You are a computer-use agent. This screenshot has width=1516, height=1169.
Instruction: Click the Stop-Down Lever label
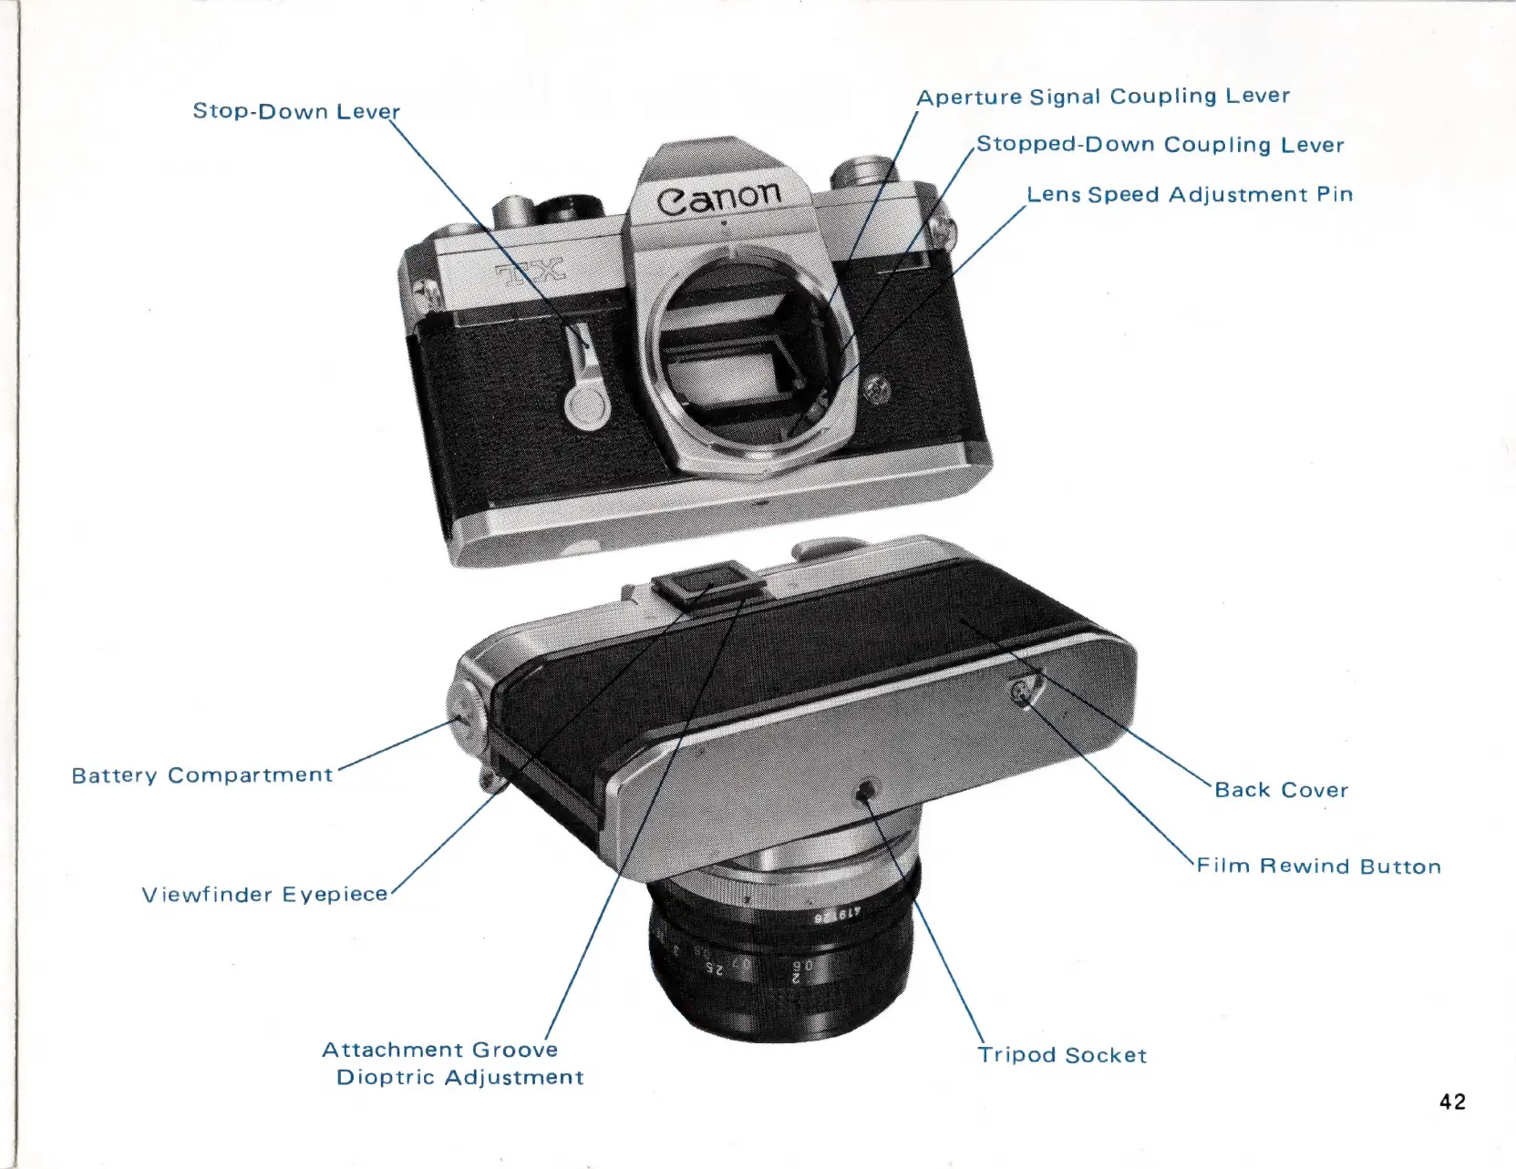pos(296,111)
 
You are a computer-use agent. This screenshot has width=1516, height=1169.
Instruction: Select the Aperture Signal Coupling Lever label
pos(1103,97)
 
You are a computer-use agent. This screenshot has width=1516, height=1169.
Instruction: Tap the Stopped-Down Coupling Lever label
pos(1160,145)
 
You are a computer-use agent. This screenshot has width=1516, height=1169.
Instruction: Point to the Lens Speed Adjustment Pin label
pos(1190,195)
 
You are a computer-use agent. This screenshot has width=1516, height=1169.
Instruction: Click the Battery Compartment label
pos(202,775)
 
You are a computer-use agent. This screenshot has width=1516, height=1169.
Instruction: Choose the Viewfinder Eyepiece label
pos(264,895)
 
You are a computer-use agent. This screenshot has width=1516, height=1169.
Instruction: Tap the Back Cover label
pos(1281,790)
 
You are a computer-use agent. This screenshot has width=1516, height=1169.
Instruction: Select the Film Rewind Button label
pos(1318,866)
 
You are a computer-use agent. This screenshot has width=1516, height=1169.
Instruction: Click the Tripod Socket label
pos(1062,1055)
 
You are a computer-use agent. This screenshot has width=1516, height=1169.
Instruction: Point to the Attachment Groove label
pos(439,1050)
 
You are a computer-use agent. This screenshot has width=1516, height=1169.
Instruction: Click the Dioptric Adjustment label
pos(459,1077)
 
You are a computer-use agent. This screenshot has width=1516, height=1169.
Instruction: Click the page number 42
pos(1452,1102)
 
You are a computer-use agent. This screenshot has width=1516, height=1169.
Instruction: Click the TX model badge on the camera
pos(530,272)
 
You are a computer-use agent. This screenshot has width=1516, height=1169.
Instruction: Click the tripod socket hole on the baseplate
pos(866,791)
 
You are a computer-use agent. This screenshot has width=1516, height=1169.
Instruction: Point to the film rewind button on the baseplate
pos(1022,693)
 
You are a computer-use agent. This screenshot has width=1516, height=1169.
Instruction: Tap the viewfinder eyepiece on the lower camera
pos(706,583)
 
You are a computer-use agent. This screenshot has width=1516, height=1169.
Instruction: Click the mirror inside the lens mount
pos(720,374)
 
